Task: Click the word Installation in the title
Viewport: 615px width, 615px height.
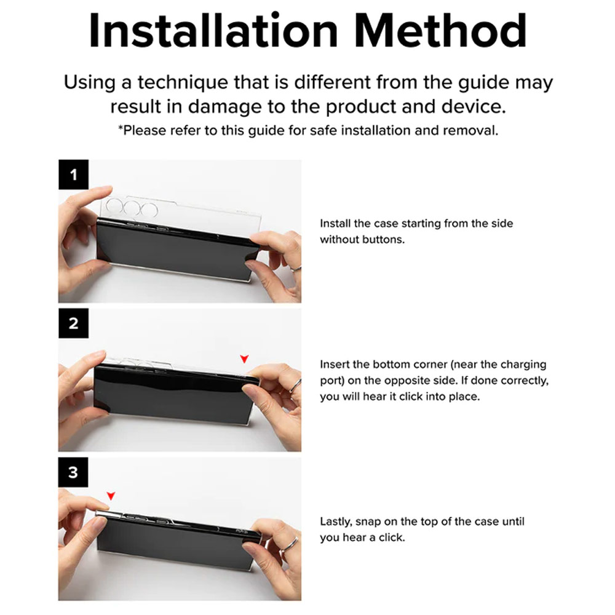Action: [213, 31]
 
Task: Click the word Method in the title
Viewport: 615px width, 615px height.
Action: [440, 31]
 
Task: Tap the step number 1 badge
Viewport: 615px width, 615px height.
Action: [73, 175]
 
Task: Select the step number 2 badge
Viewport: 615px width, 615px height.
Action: [73, 323]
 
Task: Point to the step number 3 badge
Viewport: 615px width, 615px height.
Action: [73, 472]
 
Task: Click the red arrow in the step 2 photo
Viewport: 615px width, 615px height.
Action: [244, 359]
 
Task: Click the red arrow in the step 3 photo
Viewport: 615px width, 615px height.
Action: [111, 496]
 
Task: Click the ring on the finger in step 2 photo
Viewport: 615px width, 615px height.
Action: [295, 386]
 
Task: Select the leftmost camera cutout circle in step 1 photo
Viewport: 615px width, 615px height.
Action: [114, 207]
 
